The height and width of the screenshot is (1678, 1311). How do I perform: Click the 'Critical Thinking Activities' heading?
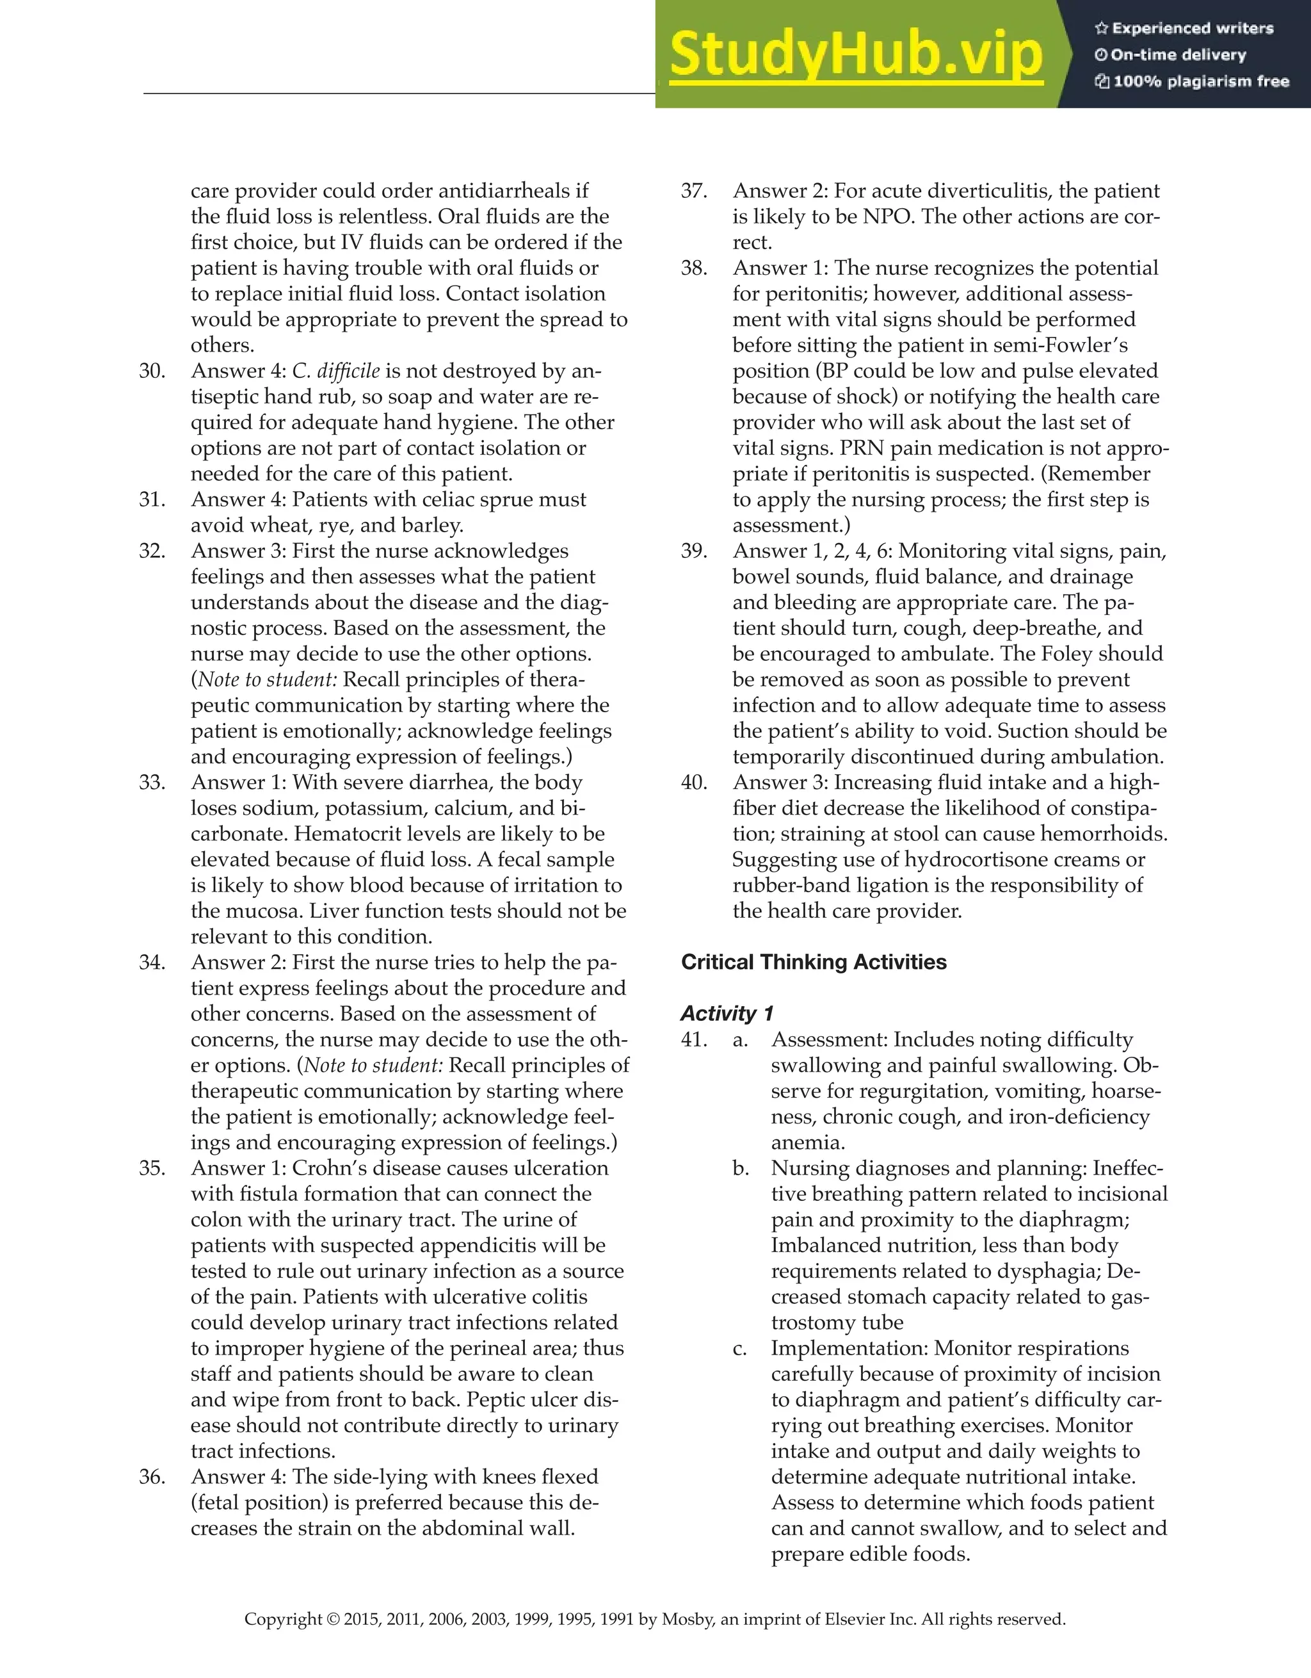tap(814, 962)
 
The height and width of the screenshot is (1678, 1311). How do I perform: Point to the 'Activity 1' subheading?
tap(727, 1013)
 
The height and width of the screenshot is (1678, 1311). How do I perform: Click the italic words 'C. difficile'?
tap(335, 371)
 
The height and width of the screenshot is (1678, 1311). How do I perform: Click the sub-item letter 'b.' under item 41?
tap(741, 1168)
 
